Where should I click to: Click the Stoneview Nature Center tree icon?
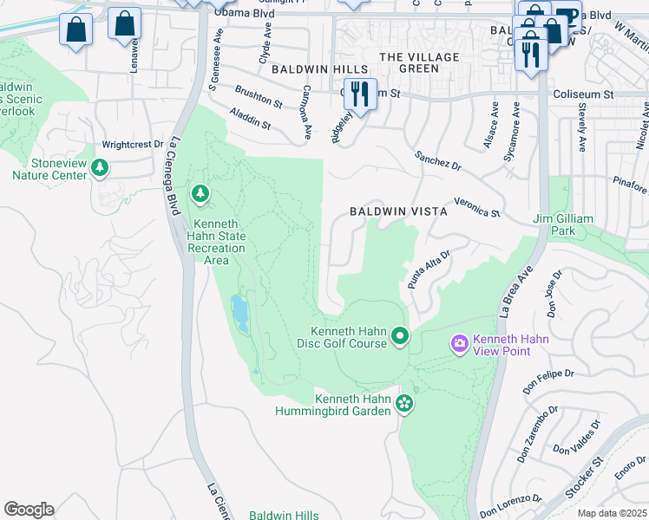(101, 166)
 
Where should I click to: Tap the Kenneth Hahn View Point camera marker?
(459, 344)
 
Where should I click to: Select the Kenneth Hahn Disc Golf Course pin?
(399, 335)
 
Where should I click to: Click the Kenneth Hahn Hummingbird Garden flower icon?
(403, 403)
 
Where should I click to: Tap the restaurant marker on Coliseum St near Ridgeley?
(359, 93)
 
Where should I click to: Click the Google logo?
(29, 510)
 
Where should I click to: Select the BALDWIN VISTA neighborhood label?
(399, 211)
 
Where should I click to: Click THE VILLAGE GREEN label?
(420, 62)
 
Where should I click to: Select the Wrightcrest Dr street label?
(133, 145)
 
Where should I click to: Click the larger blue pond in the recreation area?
(239, 314)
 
